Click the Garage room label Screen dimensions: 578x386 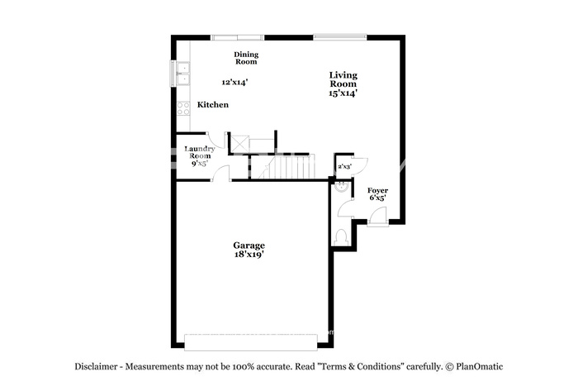click(249, 245)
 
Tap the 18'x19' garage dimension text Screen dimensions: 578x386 click(249, 255)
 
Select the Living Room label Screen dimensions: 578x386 click(343, 79)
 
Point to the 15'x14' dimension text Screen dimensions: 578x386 click(343, 93)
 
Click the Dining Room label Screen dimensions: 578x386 click(246, 58)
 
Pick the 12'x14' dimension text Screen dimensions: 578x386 click(235, 82)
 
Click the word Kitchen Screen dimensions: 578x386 click(213, 104)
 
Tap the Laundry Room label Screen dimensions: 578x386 click(200, 152)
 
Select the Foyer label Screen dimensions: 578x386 click(378, 190)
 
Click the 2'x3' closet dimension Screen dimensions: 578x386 click(344, 166)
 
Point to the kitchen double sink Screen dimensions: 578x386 click(182, 74)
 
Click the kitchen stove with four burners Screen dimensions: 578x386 click(183, 108)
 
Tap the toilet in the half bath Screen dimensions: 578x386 click(341, 237)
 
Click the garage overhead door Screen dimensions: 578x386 click(251, 342)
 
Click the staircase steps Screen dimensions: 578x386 click(291, 167)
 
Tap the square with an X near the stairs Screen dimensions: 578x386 click(240, 144)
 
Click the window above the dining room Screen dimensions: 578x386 click(238, 37)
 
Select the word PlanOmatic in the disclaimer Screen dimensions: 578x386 click(479, 366)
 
